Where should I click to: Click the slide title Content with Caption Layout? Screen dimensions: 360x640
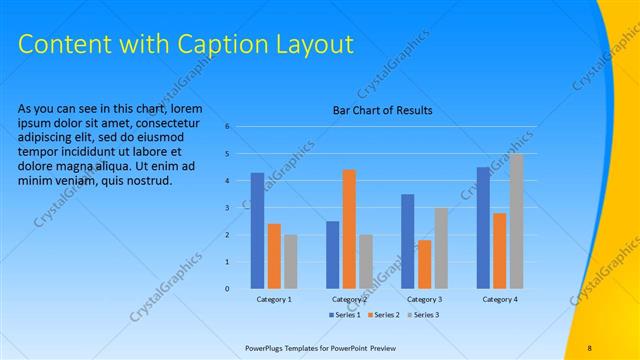tap(186, 44)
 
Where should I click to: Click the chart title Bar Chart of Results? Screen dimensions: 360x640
tap(382, 111)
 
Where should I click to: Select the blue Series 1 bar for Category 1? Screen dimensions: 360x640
tap(257, 231)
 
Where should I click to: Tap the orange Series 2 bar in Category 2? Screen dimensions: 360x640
tap(349, 229)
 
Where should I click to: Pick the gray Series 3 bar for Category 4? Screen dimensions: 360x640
tap(516, 221)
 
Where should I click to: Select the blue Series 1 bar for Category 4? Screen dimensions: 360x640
tap(483, 228)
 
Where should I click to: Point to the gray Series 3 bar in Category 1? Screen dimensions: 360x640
tap(290, 262)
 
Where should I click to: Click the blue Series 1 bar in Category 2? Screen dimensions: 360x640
tap(332, 255)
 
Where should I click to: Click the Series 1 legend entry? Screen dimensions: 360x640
tap(345, 315)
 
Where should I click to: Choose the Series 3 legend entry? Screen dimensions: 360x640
tap(423, 315)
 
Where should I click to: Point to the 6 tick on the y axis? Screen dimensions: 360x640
tap(228, 126)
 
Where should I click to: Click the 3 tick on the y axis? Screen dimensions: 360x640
tap(228, 207)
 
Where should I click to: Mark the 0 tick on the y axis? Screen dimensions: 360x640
tap(228, 289)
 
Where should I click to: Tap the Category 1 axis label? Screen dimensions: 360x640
tap(274, 299)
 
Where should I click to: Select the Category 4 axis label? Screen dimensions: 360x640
tap(500, 299)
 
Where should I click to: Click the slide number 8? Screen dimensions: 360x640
tap(589, 348)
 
